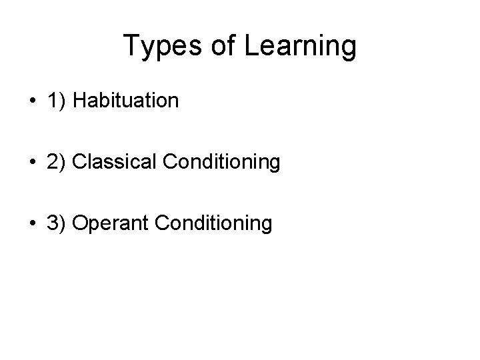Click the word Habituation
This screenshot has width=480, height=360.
pyautogui.click(x=126, y=101)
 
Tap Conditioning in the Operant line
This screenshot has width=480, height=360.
pyautogui.click(x=213, y=223)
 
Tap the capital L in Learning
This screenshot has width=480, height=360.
pyautogui.click(x=249, y=47)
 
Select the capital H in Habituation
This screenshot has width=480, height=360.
pyautogui.click(x=79, y=101)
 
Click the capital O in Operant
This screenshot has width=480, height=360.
pyautogui.click(x=79, y=223)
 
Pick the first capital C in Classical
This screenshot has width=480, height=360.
pyautogui.click(x=79, y=162)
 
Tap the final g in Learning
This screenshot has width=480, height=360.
pyautogui.click(x=349, y=51)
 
